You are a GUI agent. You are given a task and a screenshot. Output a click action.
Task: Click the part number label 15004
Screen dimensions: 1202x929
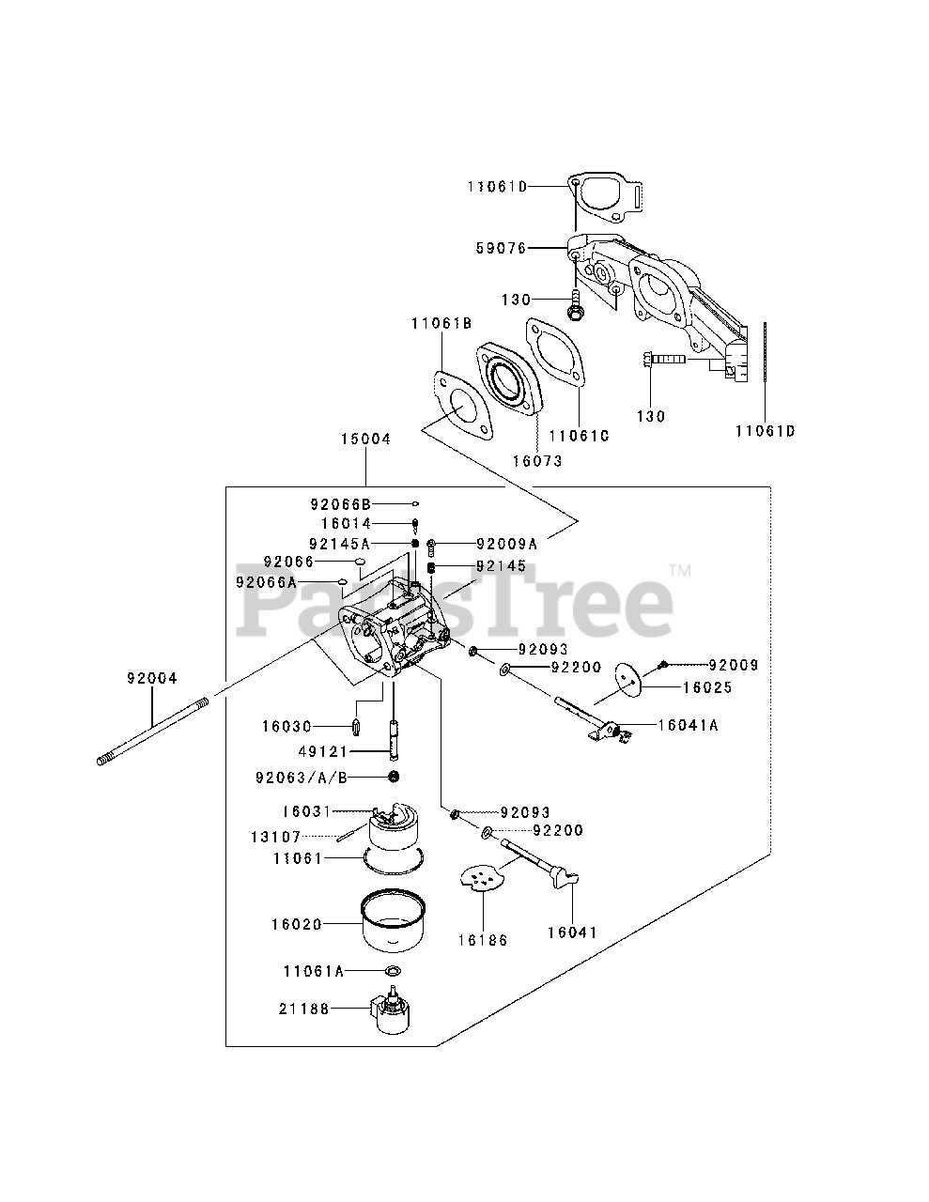(x=366, y=439)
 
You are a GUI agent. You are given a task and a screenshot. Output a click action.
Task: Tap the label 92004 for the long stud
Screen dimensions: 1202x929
(x=152, y=676)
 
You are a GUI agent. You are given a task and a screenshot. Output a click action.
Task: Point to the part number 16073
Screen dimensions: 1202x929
(x=536, y=461)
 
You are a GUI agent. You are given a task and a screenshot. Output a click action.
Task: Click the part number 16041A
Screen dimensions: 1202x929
(x=689, y=725)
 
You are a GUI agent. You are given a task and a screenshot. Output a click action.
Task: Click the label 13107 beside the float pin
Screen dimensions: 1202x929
(x=274, y=837)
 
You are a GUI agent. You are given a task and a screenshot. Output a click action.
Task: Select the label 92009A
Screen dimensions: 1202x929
(x=506, y=543)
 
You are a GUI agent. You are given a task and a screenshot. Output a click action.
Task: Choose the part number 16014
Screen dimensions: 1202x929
(x=346, y=523)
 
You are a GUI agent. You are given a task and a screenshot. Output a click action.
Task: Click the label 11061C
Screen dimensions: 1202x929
(x=579, y=436)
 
